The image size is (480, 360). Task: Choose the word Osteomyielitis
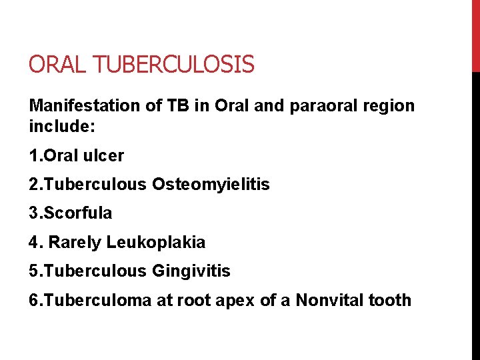(x=211, y=185)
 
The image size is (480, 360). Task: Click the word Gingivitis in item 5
(x=191, y=271)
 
